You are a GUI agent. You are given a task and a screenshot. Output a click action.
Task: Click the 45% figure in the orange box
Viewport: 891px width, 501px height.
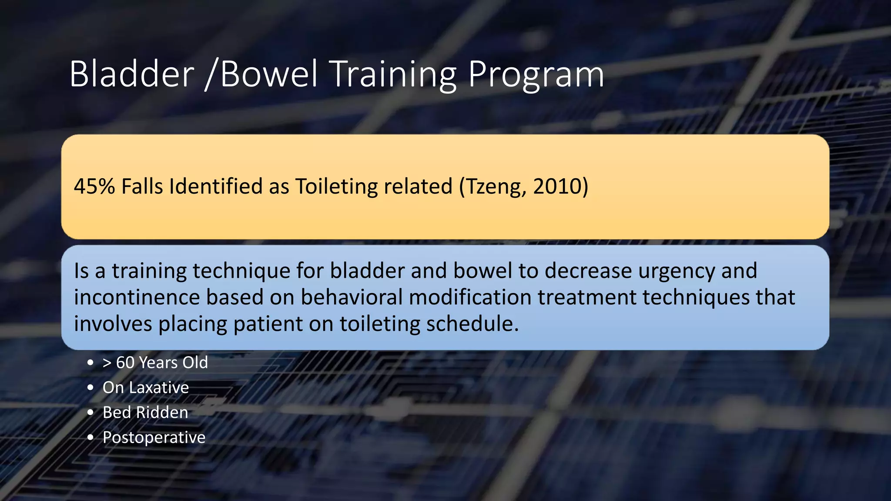coord(94,187)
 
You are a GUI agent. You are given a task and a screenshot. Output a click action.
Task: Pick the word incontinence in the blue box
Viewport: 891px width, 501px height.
coord(137,297)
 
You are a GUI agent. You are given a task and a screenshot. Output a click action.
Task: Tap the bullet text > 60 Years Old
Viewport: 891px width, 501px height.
coord(155,363)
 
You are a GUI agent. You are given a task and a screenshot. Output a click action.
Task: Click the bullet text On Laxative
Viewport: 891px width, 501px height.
coord(146,387)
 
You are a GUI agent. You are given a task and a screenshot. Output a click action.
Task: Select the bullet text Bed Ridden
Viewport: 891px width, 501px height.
coord(145,412)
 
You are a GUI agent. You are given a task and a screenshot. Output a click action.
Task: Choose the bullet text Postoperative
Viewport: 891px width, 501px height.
coord(154,438)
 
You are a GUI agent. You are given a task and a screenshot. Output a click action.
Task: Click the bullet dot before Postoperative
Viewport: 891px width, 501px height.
coord(90,438)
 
